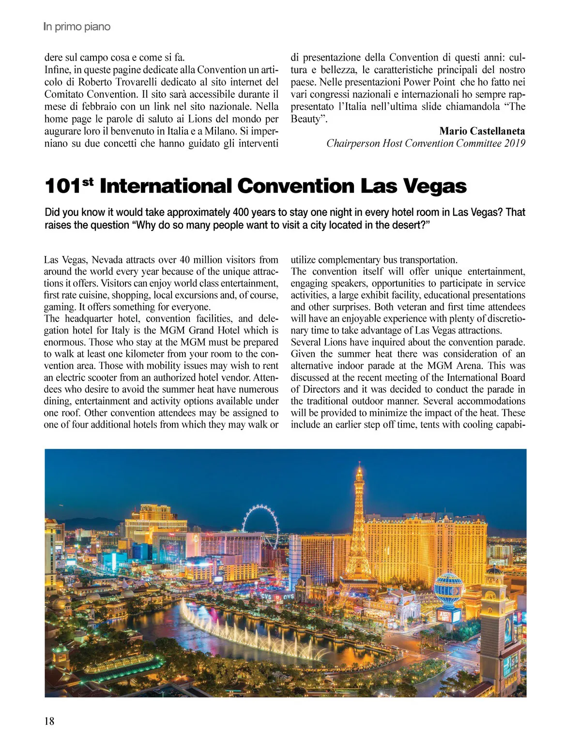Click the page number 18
click(x=49, y=721)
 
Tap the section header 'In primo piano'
click(x=76, y=27)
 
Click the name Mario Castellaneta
click(x=482, y=131)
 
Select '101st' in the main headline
click(x=68, y=186)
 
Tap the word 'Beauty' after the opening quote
click(x=306, y=119)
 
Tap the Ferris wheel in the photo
click(x=261, y=525)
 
